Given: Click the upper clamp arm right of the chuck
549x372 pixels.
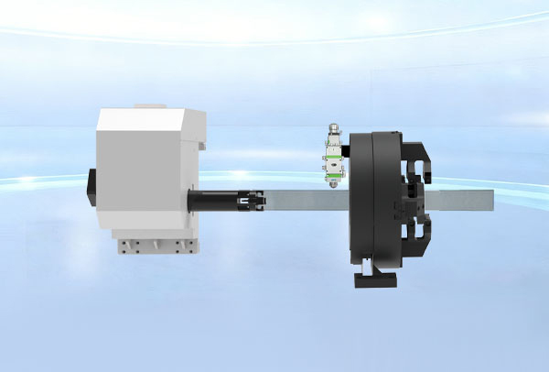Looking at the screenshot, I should click(419, 160).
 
